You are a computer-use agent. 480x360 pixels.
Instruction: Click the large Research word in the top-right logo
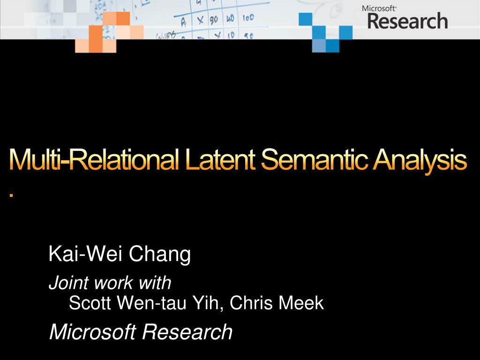[407, 21]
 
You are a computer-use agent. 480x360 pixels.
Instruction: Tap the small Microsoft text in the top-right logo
[379, 8]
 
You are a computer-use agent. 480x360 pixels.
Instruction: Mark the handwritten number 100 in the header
[248, 18]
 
